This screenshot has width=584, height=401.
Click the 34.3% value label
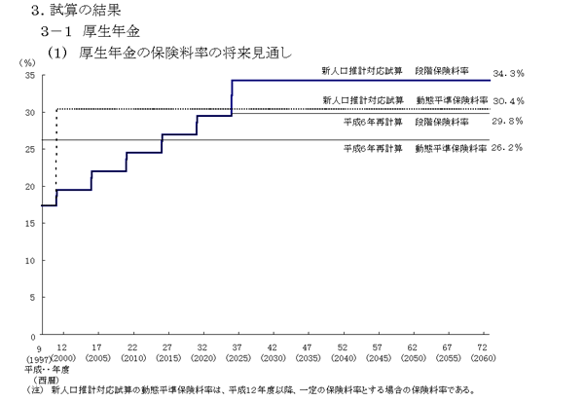(509, 73)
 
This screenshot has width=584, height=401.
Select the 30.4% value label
(509, 100)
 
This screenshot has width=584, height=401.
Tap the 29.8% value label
(509, 122)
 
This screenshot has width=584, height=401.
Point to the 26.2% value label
(509, 148)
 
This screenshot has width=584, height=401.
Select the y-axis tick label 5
(32, 298)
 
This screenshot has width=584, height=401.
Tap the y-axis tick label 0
(32, 335)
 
